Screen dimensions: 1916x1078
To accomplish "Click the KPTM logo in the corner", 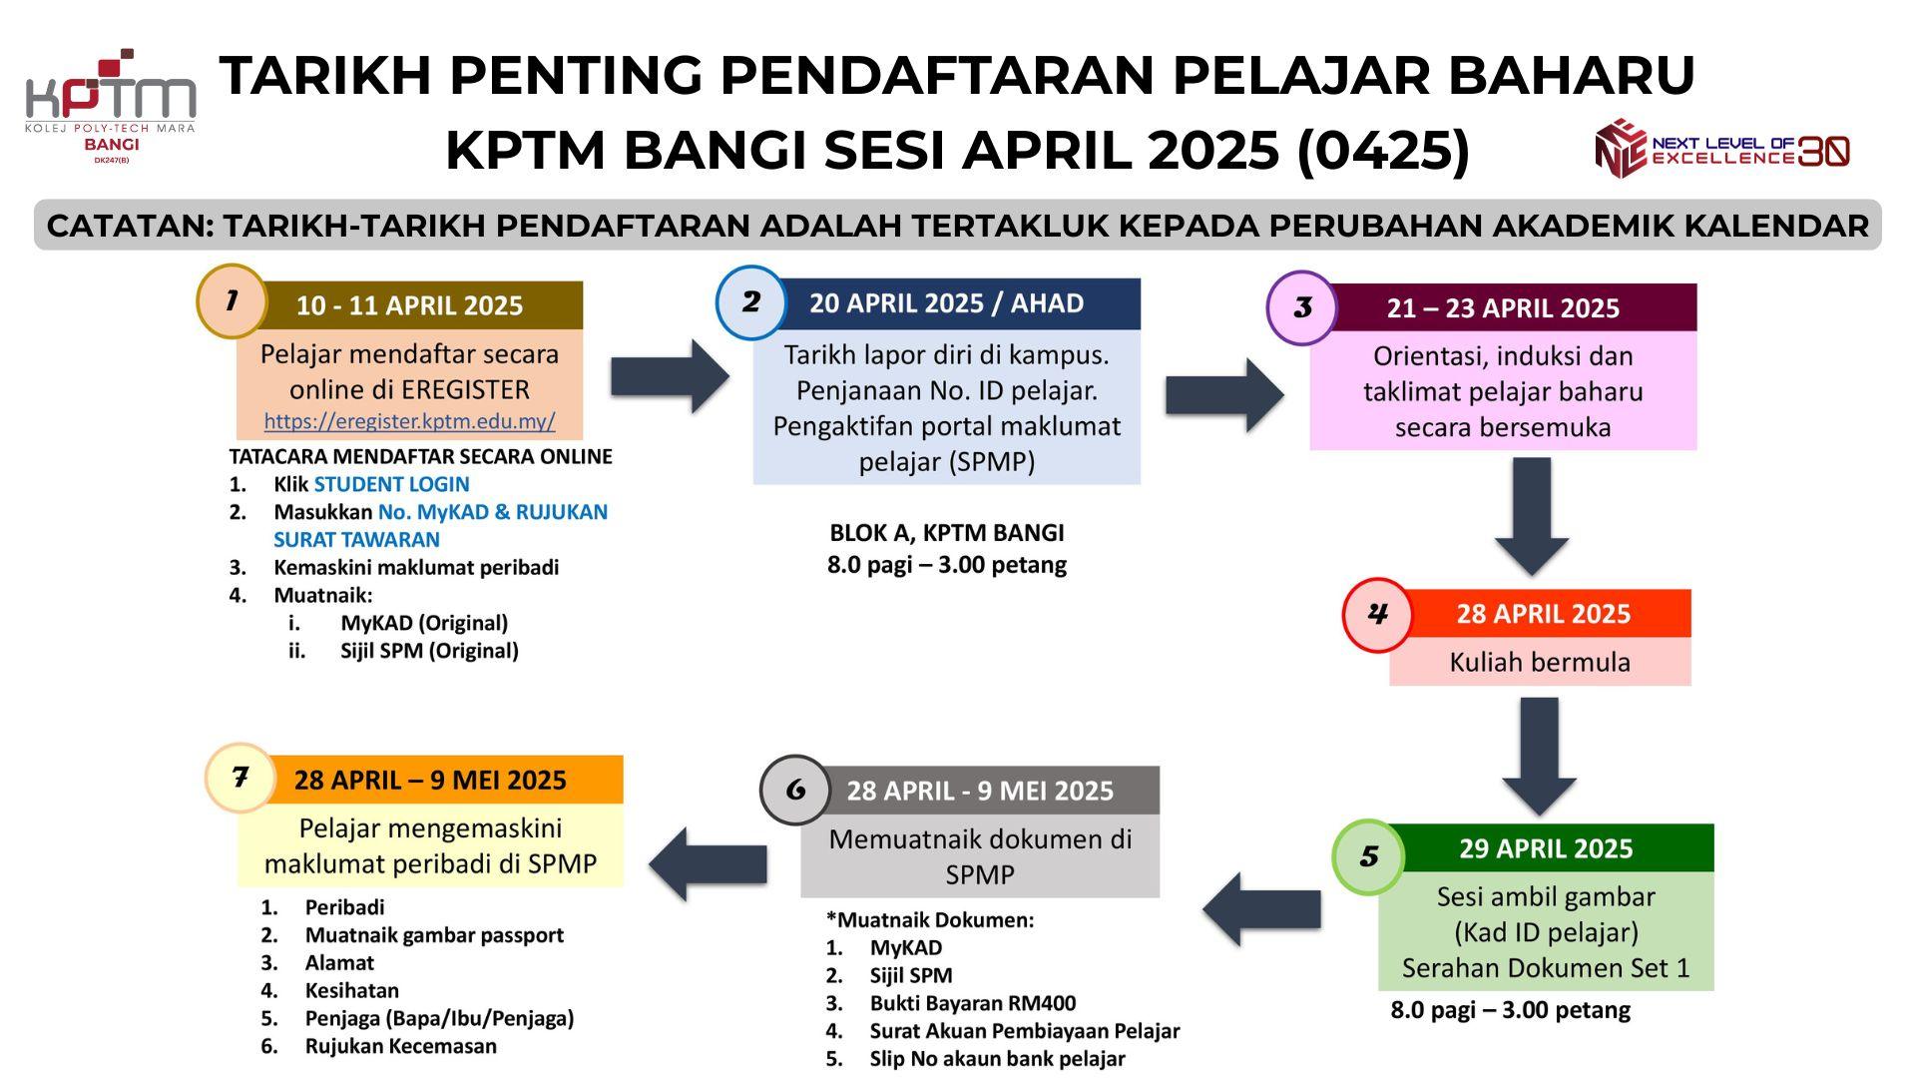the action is [110, 105].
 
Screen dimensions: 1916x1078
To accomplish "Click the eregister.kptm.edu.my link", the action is [409, 421].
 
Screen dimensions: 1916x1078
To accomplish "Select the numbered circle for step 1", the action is [232, 300].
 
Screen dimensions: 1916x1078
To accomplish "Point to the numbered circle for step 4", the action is [1377, 614].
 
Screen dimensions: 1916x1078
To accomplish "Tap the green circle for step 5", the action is [1368, 855].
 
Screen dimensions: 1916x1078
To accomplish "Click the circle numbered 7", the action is [239, 778].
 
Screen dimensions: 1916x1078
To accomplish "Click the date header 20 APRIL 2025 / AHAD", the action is [946, 303].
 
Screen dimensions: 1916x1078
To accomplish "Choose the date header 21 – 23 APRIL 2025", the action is [1503, 308].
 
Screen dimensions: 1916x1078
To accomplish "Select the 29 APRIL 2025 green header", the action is [1546, 848].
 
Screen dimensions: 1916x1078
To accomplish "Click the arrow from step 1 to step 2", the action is [671, 376].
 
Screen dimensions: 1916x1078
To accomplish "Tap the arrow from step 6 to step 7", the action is [708, 864].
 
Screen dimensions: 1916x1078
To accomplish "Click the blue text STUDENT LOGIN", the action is [391, 484].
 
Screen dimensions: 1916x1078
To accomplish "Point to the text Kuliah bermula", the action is [1540, 662].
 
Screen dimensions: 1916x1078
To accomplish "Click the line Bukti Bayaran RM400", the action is [973, 1003].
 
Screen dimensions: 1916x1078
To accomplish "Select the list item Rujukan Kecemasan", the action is [401, 1046].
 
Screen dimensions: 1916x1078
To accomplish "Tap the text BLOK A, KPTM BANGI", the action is [947, 533].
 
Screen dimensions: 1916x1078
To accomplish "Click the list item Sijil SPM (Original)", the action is [429, 651].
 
